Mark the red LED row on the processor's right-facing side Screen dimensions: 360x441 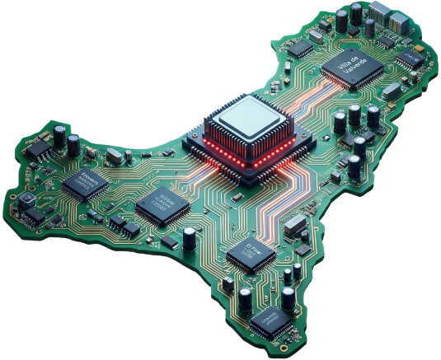pyautogui.click(x=279, y=152)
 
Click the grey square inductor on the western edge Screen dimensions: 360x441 pyautogui.click(x=26, y=201)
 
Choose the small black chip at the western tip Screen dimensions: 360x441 pyautogui.click(x=35, y=150)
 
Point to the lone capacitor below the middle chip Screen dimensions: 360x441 pyautogui.click(x=190, y=237)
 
